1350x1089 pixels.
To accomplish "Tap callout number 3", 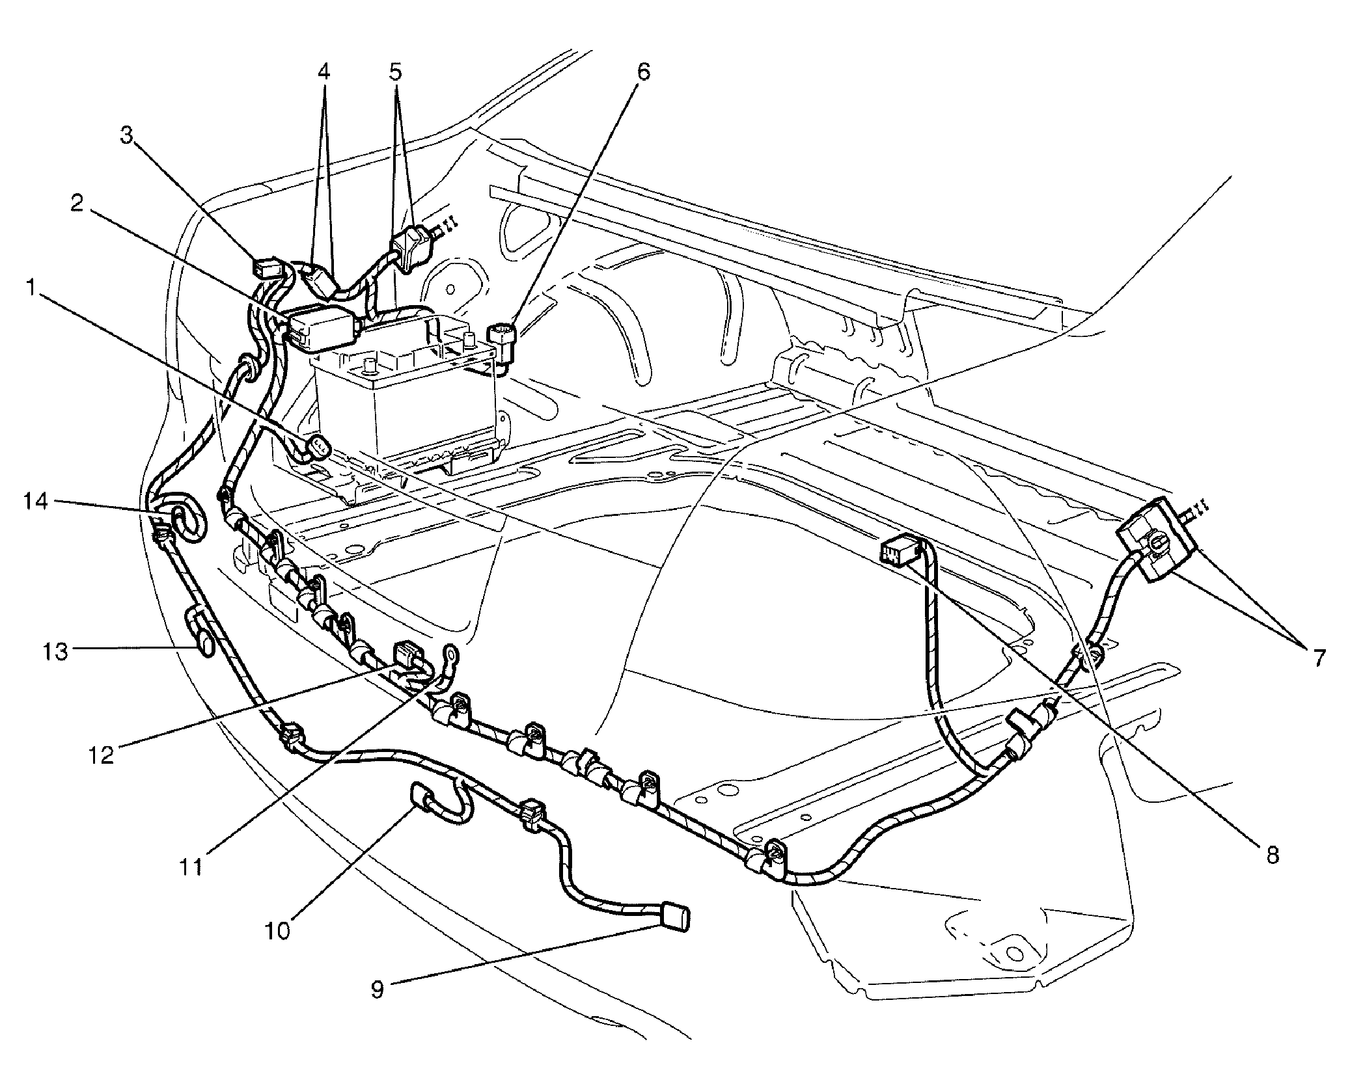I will coord(128,135).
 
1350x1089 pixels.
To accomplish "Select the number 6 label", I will coord(642,72).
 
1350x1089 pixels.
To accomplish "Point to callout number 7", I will coord(1318,658).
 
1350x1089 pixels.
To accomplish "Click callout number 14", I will coord(36,501).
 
